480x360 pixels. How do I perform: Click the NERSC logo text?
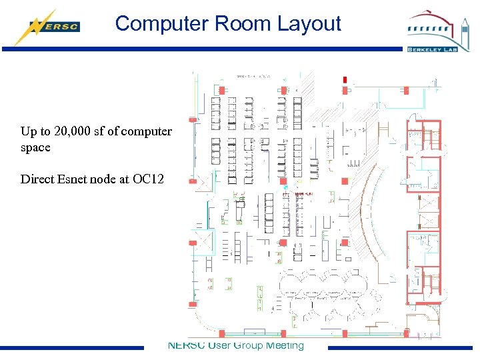coord(62,27)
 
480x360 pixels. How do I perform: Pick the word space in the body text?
coord(35,147)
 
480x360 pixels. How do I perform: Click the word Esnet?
coord(75,179)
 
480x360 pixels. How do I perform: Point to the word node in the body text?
coord(107,179)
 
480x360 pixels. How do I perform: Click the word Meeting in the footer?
coord(285,345)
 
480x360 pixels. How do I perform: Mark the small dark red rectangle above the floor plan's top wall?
coord(345,80)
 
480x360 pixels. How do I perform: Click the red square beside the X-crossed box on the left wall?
coord(193,243)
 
